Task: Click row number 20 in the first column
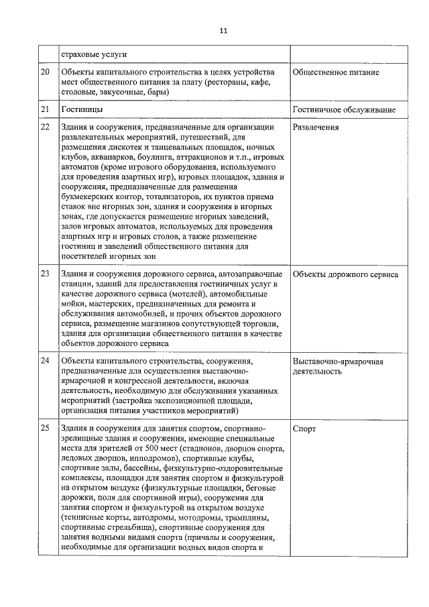pos(45,72)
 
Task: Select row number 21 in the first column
pos(45,109)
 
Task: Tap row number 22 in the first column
pos(45,127)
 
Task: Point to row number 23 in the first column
pos(45,274)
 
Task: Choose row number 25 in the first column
pos(45,427)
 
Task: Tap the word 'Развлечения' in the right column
pos(316,127)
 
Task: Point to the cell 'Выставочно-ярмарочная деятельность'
pos(338,366)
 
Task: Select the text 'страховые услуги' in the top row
pos(94,54)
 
